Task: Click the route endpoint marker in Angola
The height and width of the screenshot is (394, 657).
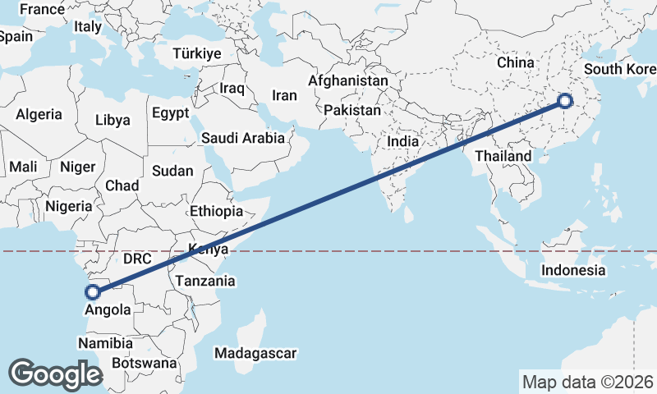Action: coord(93,291)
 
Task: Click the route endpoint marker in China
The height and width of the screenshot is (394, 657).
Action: coord(565,102)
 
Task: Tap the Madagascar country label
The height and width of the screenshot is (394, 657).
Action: coord(255,353)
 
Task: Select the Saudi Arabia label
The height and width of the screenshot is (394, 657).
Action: coord(243,139)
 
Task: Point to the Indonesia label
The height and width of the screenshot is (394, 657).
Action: coord(573,270)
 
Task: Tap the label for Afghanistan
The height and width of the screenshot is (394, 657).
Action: coord(347,81)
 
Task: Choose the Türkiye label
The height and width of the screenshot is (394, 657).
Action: coord(197,53)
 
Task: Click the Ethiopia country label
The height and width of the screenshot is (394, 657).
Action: coord(216,211)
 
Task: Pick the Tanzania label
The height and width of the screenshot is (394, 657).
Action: coord(205,281)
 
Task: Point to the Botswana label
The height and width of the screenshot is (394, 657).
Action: coord(144,362)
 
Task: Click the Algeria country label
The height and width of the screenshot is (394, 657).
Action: coord(39,114)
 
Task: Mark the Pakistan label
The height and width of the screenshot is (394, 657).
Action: coord(352,110)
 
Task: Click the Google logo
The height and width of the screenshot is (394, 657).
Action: coord(54,373)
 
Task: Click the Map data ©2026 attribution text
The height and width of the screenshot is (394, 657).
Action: coord(587,382)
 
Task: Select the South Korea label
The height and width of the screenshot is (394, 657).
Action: coord(619,69)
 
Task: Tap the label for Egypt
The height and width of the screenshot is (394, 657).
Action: coord(170,112)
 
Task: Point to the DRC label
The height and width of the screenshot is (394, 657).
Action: coord(137,259)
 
